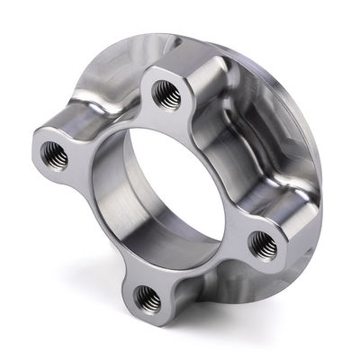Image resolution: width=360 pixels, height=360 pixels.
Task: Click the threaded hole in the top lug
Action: pyautogui.click(x=166, y=92)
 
